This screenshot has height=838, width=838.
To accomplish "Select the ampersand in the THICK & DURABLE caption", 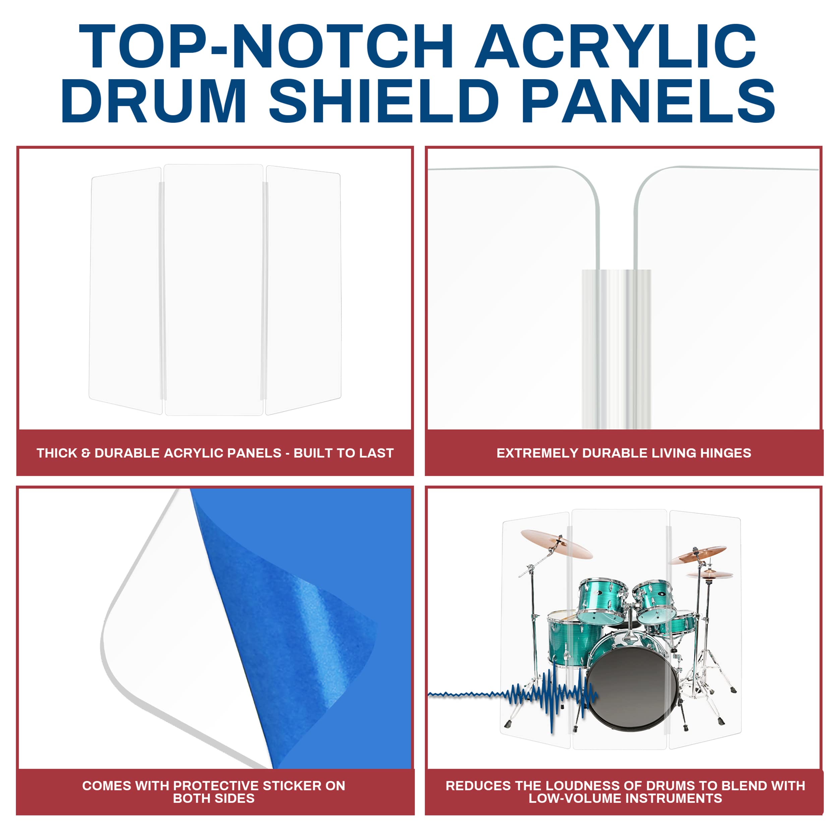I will tap(85, 453).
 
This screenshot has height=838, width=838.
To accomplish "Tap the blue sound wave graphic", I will tap(546, 696).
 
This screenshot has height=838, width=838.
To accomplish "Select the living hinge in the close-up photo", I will tap(616, 347).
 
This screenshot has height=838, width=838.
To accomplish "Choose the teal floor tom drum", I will tap(568, 638).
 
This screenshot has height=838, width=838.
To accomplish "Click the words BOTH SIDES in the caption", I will tap(214, 798).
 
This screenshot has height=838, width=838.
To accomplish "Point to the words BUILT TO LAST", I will tap(344, 453).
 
